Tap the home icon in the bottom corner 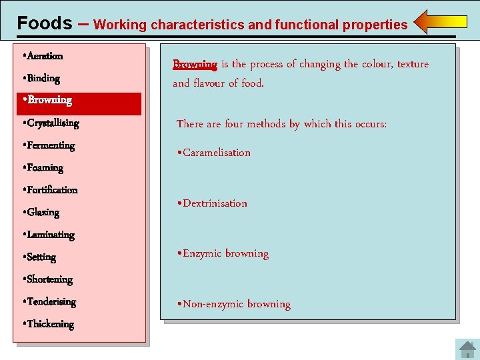[x=465, y=349]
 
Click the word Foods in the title [x=44, y=23]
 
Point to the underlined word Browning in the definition [x=195, y=65]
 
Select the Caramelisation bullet [x=214, y=153]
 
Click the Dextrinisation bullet [x=212, y=203]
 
